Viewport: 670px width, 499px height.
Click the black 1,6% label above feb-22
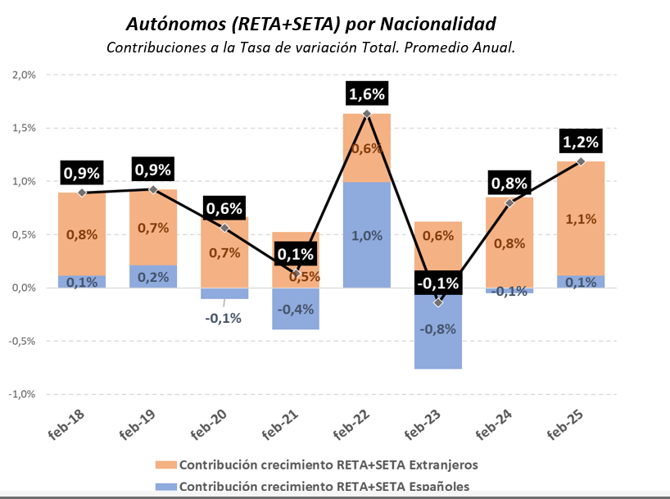point(367,94)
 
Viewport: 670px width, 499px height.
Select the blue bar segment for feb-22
point(367,246)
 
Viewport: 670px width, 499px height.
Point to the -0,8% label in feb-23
point(438,329)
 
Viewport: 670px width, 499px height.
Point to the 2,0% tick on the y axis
point(25,75)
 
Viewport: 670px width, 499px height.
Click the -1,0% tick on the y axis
point(23,394)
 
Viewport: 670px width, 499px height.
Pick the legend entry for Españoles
point(319,486)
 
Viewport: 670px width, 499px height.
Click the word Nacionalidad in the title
point(426,20)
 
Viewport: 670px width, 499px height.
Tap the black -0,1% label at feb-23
point(438,284)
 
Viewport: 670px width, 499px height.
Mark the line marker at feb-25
point(580,161)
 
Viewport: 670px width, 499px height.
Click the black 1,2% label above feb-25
point(580,142)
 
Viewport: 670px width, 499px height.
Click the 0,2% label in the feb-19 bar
point(153,277)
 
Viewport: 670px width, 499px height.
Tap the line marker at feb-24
point(509,202)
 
